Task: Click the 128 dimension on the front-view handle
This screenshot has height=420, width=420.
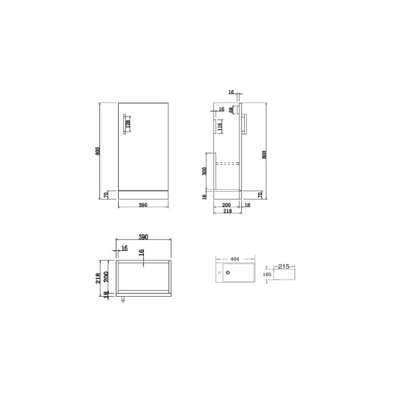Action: pyautogui.click(x=128, y=124)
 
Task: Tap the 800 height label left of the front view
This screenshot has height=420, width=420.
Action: pyautogui.click(x=98, y=151)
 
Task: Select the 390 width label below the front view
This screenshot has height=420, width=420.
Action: pyautogui.click(x=143, y=206)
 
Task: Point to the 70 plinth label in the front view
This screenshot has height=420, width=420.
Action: pyautogui.click(x=106, y=195)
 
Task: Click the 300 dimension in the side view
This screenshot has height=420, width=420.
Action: pyautogui.click(x=206, y=170)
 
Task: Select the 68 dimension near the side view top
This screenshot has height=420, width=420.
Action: pyautogui.click(x=231, y=110)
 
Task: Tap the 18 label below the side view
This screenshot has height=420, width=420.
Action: pyautogui.click(x=248, y=206)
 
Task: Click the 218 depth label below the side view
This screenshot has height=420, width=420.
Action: pyautogui.click(x=227, y=212)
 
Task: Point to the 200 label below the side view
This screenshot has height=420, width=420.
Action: pyautogui.click(x=227, y=206)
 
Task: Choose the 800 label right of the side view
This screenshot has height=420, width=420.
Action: pyautogui.click(x=264, y=154)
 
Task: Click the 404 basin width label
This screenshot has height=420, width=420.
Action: pyautogui.click(x=235, y=259)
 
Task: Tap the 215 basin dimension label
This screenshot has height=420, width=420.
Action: pyautogui.click(x=283, y=267)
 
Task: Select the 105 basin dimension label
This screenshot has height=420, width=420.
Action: pyautogui.click(x=267, y=275)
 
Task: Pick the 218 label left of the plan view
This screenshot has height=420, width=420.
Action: pyautogui.click(x=98, y=277)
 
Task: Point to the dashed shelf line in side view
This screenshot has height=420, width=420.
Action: pyautogui.click(x=229, y=164)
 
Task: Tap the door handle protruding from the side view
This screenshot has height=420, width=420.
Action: pyautogui.click(x=245, y=124)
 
